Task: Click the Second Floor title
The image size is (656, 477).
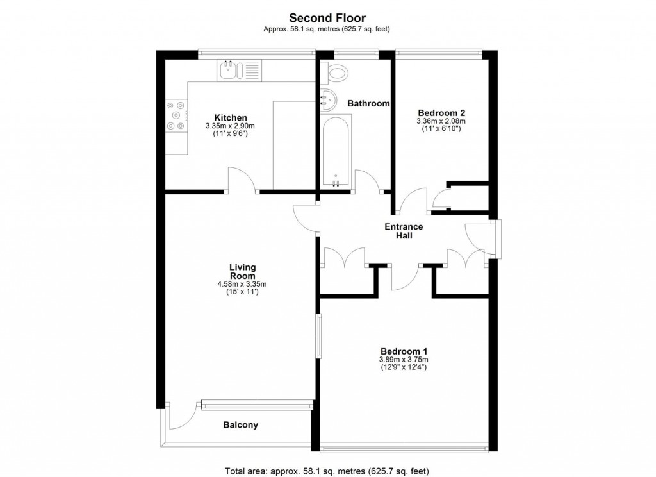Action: (x=327, y=18)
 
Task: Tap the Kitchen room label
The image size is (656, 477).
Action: (x=231, y=117)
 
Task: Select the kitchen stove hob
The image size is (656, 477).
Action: (x=176, y=116)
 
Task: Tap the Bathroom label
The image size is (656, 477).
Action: (x=368, y=103)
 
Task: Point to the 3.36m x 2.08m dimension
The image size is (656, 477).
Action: (x=441, y=121)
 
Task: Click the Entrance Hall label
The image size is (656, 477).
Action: (x=404, y=231)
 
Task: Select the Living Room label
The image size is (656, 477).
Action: (x=243, y=271)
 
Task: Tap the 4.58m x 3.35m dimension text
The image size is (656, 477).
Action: (x=243, y=284)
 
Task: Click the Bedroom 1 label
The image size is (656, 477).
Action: (x=404, y=351)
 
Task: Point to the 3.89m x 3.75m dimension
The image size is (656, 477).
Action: (x=404, y=360)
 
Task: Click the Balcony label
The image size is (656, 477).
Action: (x=240, y=424)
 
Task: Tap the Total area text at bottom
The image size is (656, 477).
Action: (x=327, y=470)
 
